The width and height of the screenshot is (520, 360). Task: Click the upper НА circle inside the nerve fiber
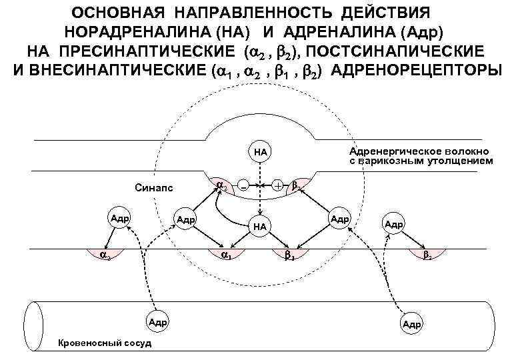pyautogui.click(x=259, y=152)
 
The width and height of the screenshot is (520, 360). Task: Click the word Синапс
pyautogui.click(x=153, y=189)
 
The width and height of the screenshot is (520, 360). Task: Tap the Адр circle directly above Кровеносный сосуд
pyautogui.click(x=158, y=322)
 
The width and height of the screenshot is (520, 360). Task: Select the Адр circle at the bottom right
pyautogui.click(x=411, y=324)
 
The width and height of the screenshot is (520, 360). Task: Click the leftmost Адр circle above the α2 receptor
pyautogui.click(x=120, y=218)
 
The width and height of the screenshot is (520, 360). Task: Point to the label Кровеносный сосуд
pyautogui.click(x=105, y=343)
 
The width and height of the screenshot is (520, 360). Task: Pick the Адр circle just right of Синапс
pyautogui.click(x=185, y=219)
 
